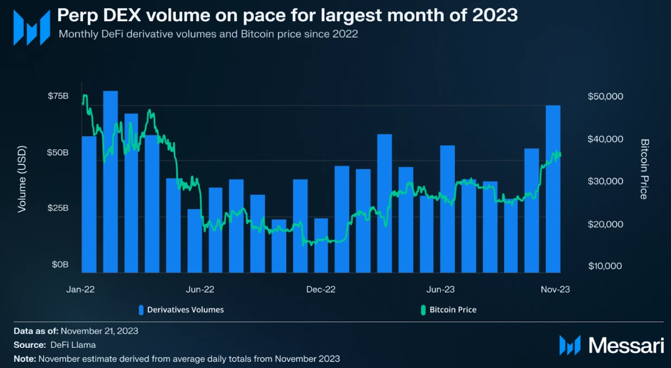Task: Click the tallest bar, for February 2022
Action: click(x=111, y=182)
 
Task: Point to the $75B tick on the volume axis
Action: click(x=58, y=96)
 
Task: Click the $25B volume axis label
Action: click(x=58, y=208)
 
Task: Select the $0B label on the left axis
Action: click(x=60, y=264)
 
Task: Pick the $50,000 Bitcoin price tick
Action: click(x=605, y=96)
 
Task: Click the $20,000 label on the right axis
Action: click(x=605, y=224)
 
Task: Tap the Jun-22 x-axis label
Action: click(x=200, y=289)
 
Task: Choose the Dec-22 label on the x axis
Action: click(x=321, y=289)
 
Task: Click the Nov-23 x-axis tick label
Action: click(x=555, y=289)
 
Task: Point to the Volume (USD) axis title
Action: click(x=22, y=179)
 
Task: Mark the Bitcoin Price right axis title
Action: click(x=644, y=169)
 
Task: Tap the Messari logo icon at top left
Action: click(x=32, y=28)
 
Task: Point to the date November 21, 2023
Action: click(x=99, y=331)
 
